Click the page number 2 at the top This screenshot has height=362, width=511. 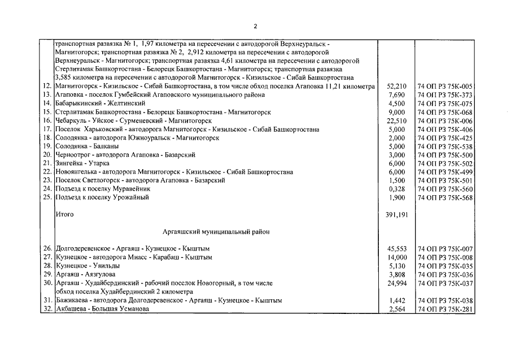click(x=255, y=26)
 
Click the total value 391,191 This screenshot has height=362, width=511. click(x=395, y=215)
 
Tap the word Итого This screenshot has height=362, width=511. click(x=64, y=215)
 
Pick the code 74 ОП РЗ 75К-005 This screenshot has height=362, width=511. click(x=444, y=87)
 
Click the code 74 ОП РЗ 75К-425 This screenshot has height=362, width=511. click(x=444, y=138)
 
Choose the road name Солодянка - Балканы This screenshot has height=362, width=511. click(x=82, y=146)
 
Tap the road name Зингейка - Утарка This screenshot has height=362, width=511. click(x=78, y=163)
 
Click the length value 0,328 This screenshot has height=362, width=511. click(x=398, y=189)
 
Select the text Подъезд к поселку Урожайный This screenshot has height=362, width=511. click(x=102, y=197)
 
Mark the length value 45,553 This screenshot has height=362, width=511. click(x=396, y=249)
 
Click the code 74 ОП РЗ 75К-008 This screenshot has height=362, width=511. click(x=444, y=257)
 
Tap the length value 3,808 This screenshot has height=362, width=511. click(x=398, y=274)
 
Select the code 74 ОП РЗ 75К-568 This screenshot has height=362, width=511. click(x=444, y=197)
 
